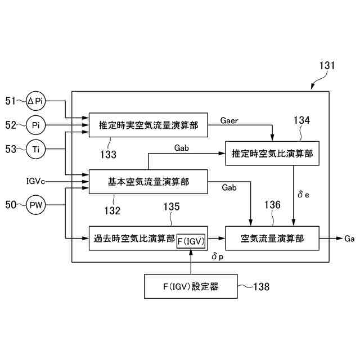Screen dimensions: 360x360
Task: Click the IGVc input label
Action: click(x=35, y=181)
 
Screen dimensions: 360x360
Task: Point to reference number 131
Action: click(x=327, y=66)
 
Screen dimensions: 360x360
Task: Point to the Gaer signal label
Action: click(x=229, y=120)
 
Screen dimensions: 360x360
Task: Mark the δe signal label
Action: click(x=303, y=195)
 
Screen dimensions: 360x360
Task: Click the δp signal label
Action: click(x=218, y=256)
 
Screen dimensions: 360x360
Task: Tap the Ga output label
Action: click(x=349, y=238)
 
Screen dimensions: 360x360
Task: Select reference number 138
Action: click(x=262, y=287)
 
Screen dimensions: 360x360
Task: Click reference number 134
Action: click(x=302, y=120)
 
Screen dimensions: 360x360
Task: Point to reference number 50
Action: click(x=11, y=205)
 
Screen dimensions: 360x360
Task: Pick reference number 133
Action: click(x=108, y=154)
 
